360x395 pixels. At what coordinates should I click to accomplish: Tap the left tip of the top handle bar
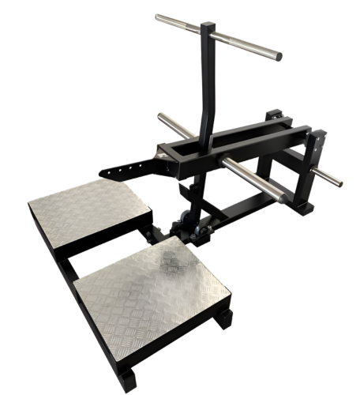coord(157,17)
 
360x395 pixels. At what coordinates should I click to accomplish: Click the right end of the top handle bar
coord(277,56)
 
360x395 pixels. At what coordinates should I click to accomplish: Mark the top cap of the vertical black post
coord(208,26)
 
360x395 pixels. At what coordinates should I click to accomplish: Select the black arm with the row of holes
coord(126,167)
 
